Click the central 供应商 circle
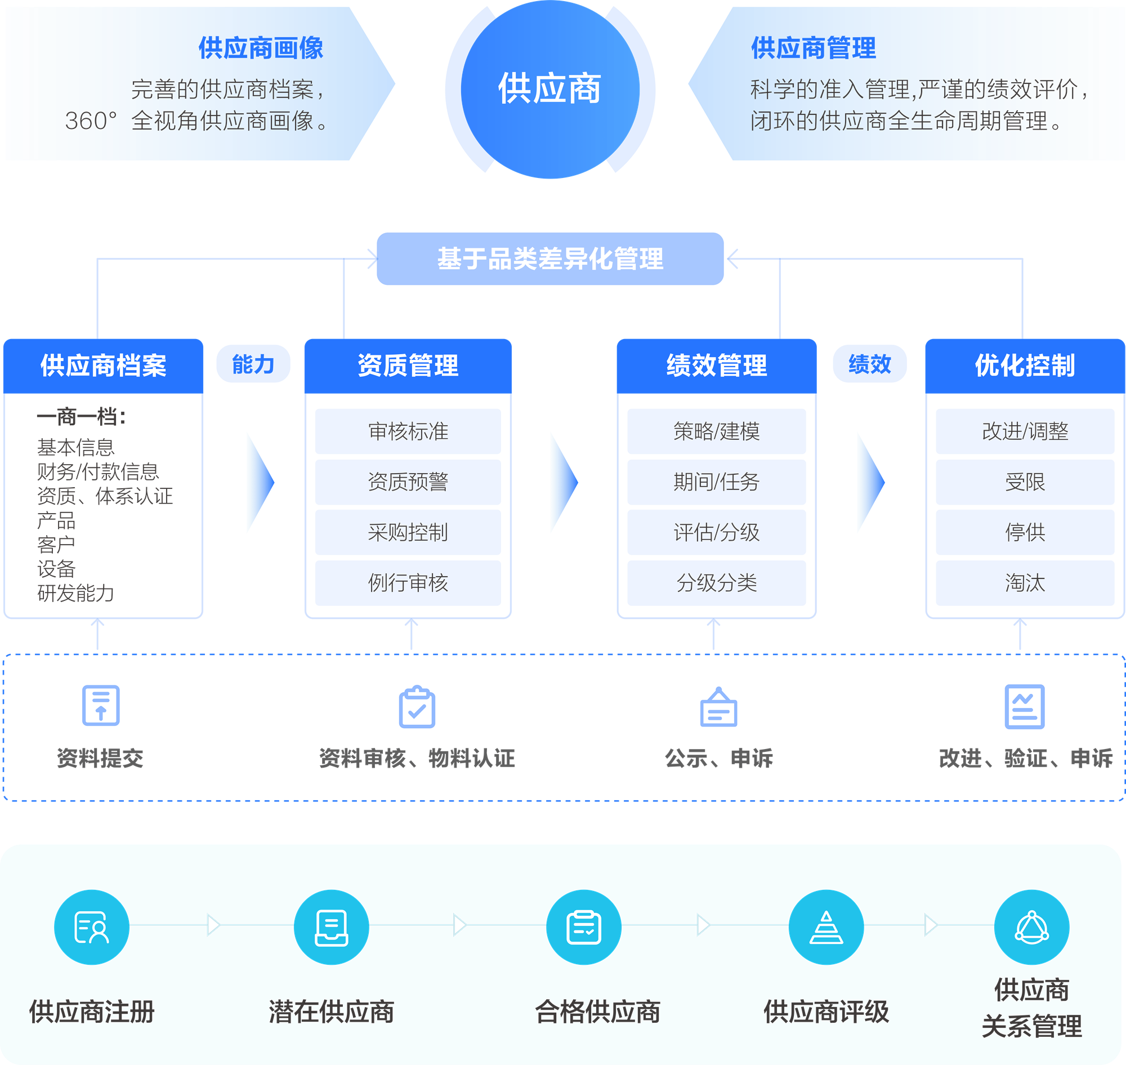(549, 89)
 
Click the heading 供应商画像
(261, 48)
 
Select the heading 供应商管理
(814, 48)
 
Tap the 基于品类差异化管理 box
(550, 259)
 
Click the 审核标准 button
(408, 431)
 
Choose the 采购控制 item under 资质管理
(408, 532)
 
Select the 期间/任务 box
(716, 482)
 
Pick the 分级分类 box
(716, 583)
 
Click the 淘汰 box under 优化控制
(1025, 583)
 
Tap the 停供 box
(1025, 532)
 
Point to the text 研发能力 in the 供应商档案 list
(75, 593)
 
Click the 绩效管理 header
(716, 365)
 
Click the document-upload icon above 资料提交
(100, 706)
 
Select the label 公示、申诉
(718, 759)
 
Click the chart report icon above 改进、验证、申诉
(1025, 707)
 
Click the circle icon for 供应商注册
(91, 927)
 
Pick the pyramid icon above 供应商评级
(826, 927)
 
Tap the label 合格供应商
(597, 1011)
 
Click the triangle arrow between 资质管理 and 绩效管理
(563, 483)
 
